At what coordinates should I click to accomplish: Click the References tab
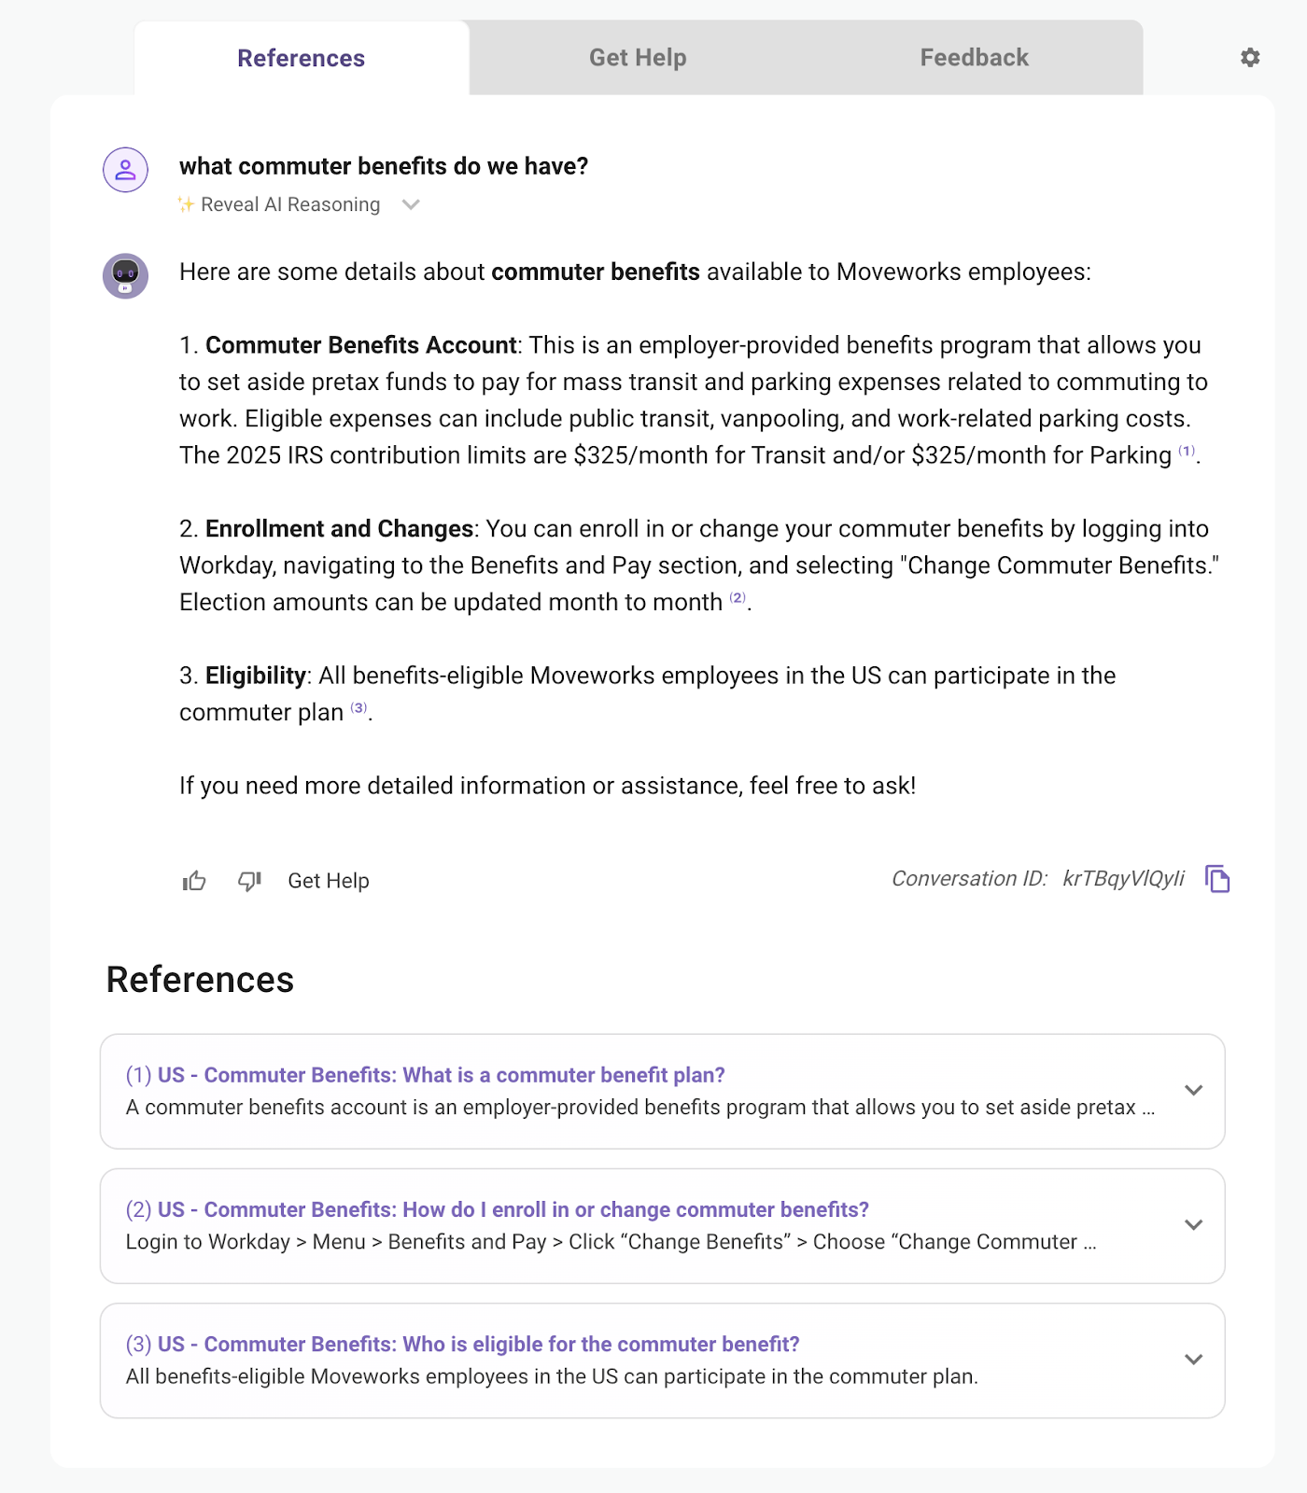[x=301, y=59]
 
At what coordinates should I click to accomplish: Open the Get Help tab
[x=638, y=58]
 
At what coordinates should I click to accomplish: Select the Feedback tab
[x=974, y=58]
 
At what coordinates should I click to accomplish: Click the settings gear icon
[x=1250, y=58]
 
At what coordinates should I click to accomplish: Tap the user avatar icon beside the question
[x=125, y=170]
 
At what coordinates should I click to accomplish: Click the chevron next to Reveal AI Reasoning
[x=411, y=205]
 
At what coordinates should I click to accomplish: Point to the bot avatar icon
[x=125, y=275]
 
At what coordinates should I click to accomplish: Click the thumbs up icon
[x=194, y=881]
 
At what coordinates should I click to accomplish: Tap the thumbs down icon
[x=249, y=881]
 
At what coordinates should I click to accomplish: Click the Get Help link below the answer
[x=329, y=881]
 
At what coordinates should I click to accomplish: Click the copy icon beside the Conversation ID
[x=1217, y=879]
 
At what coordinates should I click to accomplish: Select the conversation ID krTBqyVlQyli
[x=1123, y=879]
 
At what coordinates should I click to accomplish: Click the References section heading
[x=200, y=980]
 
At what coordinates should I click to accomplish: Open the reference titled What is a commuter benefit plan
[x=441, y=1075]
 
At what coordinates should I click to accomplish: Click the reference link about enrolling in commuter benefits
[x=513, y=1209]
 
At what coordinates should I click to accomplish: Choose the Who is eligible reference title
[x=478, y=1344]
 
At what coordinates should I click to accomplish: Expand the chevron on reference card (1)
[x=1193, y=1090]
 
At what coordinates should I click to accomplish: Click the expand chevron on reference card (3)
[x=1193, y=1360]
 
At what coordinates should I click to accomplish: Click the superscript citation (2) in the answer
[x=738, y=597]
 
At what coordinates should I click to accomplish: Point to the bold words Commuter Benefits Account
[x=360, y=345]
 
